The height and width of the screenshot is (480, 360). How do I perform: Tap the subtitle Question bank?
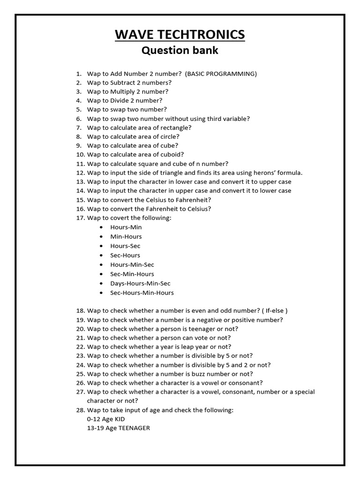pyautogui.click(x=180, y=50)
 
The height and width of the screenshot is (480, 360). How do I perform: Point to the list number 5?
pyautogui.click(x=78, y=110)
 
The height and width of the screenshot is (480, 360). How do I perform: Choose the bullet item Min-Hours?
pyautogui.click(x=126, y=236)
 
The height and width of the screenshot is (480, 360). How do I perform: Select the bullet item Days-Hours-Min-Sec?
pyautogui.click(x=140, y=283)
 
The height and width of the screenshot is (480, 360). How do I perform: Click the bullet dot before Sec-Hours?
pyautogui.click(x=102, y=255)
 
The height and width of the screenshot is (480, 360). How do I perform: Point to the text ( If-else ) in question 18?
pyautogui.click(x=275, y=310)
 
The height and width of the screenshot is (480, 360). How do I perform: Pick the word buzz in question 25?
pyautogui.click(x=212, y=374)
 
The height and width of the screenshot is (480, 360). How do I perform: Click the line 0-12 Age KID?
pyautogui.click(x=106, y=419)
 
